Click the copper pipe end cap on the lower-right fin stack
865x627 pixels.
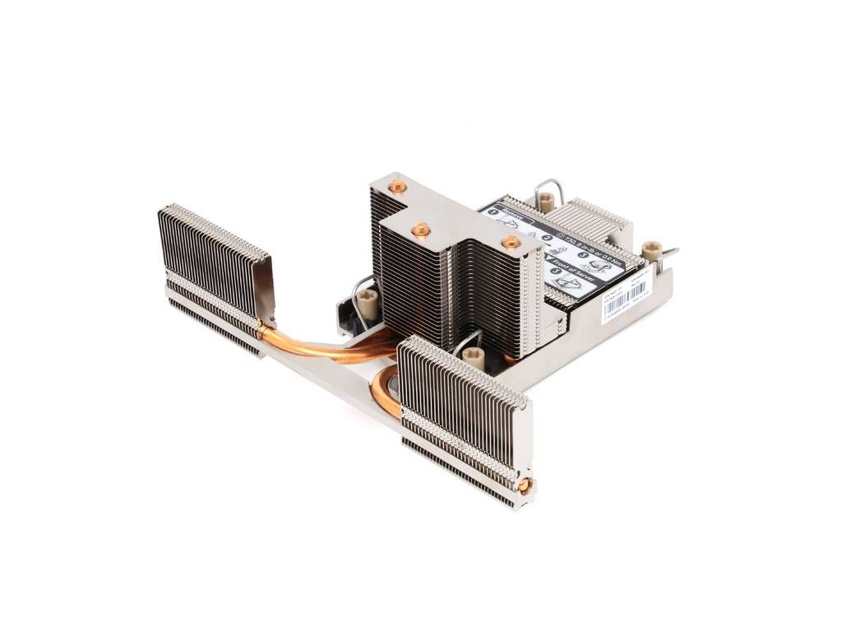tap(523, 485)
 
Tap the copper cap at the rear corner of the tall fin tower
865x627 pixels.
tap(397, 187)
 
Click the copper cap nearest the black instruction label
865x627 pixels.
tap(511, 242)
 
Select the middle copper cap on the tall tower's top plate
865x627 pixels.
tap(421, 230)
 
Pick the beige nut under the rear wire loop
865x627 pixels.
tap(545, 200)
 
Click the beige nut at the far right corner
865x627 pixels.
tap(651, 250)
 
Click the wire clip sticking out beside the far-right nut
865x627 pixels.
tap(671, 253)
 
